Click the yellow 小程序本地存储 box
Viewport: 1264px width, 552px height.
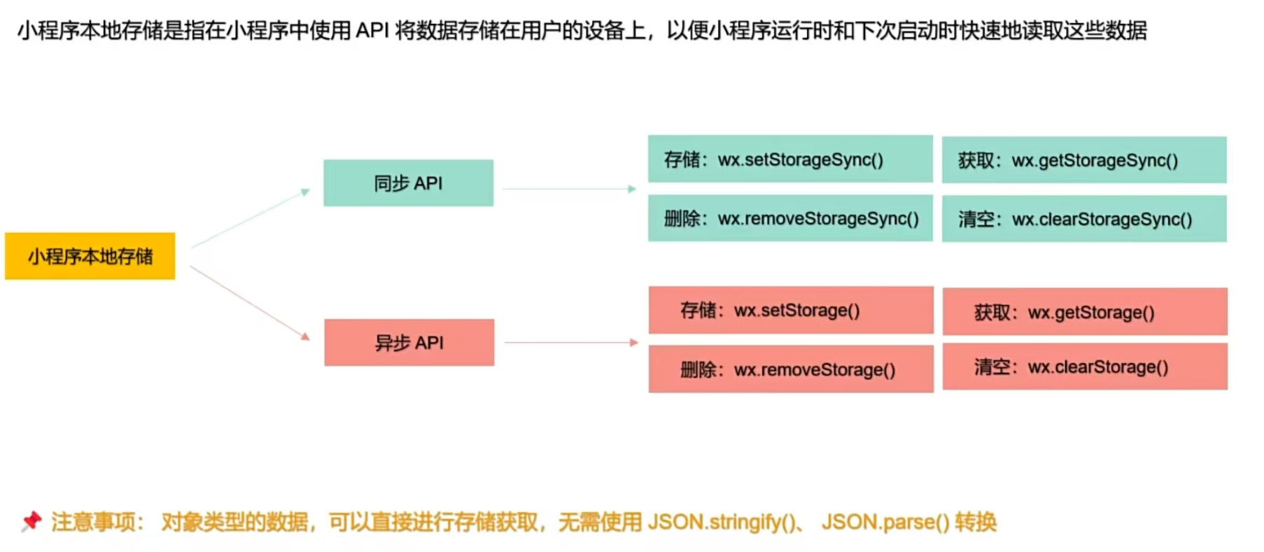pyautogui.click(x=90, y=256)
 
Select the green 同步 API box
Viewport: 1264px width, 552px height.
pyautogui.click(x=408, y=183)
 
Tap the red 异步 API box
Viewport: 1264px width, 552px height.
pyautogui.click(x=409, y=343)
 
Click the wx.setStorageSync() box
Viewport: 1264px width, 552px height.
pyautogui.click(x=790, y=160)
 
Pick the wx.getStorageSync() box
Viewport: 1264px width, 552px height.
pyautogui.click(x=1084, y=160)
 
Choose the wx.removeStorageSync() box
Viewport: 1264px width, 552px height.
pyautogui.click(x=790, y=218)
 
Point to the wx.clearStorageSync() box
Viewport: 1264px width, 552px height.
pyautogui.click(x=1084, y=219)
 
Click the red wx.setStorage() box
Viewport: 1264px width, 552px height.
pyautogui.click(x=791, y=310)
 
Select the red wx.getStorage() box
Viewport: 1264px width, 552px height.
pyautogui.click(x=1085, y=312)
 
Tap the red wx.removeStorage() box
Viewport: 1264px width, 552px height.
pyautogui.click(x=791, y=369)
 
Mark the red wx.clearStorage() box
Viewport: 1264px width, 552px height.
pyautogui.click(x=1085, y=367)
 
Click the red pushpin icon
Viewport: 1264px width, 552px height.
pyautogui.click(x=31, y=521)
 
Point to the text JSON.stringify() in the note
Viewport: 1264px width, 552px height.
pyautogui.click(x=725, y=522)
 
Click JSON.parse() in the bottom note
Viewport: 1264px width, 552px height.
pyautogui.click(x=885, y=522)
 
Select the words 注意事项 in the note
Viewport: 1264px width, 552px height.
pyautogui.click(x=94, y=522)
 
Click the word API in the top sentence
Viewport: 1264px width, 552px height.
pyautogui.click(x=372, y=31)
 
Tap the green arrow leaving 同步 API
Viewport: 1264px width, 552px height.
pyautogui.click(x=569, y=189)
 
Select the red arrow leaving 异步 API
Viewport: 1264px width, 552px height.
pyautogui.click(x=571, y=343)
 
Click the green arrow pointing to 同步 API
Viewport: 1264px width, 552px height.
pyautogui.click(x=250, y=218)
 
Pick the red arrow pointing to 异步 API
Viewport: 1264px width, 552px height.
pyautogui.click(x=250, y=303)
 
